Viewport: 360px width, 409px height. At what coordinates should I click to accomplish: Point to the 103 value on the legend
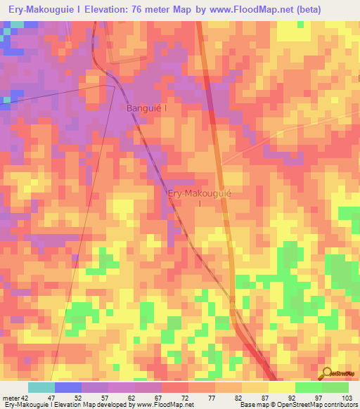[347, 398]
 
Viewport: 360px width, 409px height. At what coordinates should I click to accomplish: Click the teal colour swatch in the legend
[41, 387]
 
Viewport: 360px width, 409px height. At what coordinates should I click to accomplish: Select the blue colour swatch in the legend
[68, 387]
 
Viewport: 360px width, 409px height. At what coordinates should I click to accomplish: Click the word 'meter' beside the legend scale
[9, 398]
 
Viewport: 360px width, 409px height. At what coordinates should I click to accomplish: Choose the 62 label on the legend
[136, 398]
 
